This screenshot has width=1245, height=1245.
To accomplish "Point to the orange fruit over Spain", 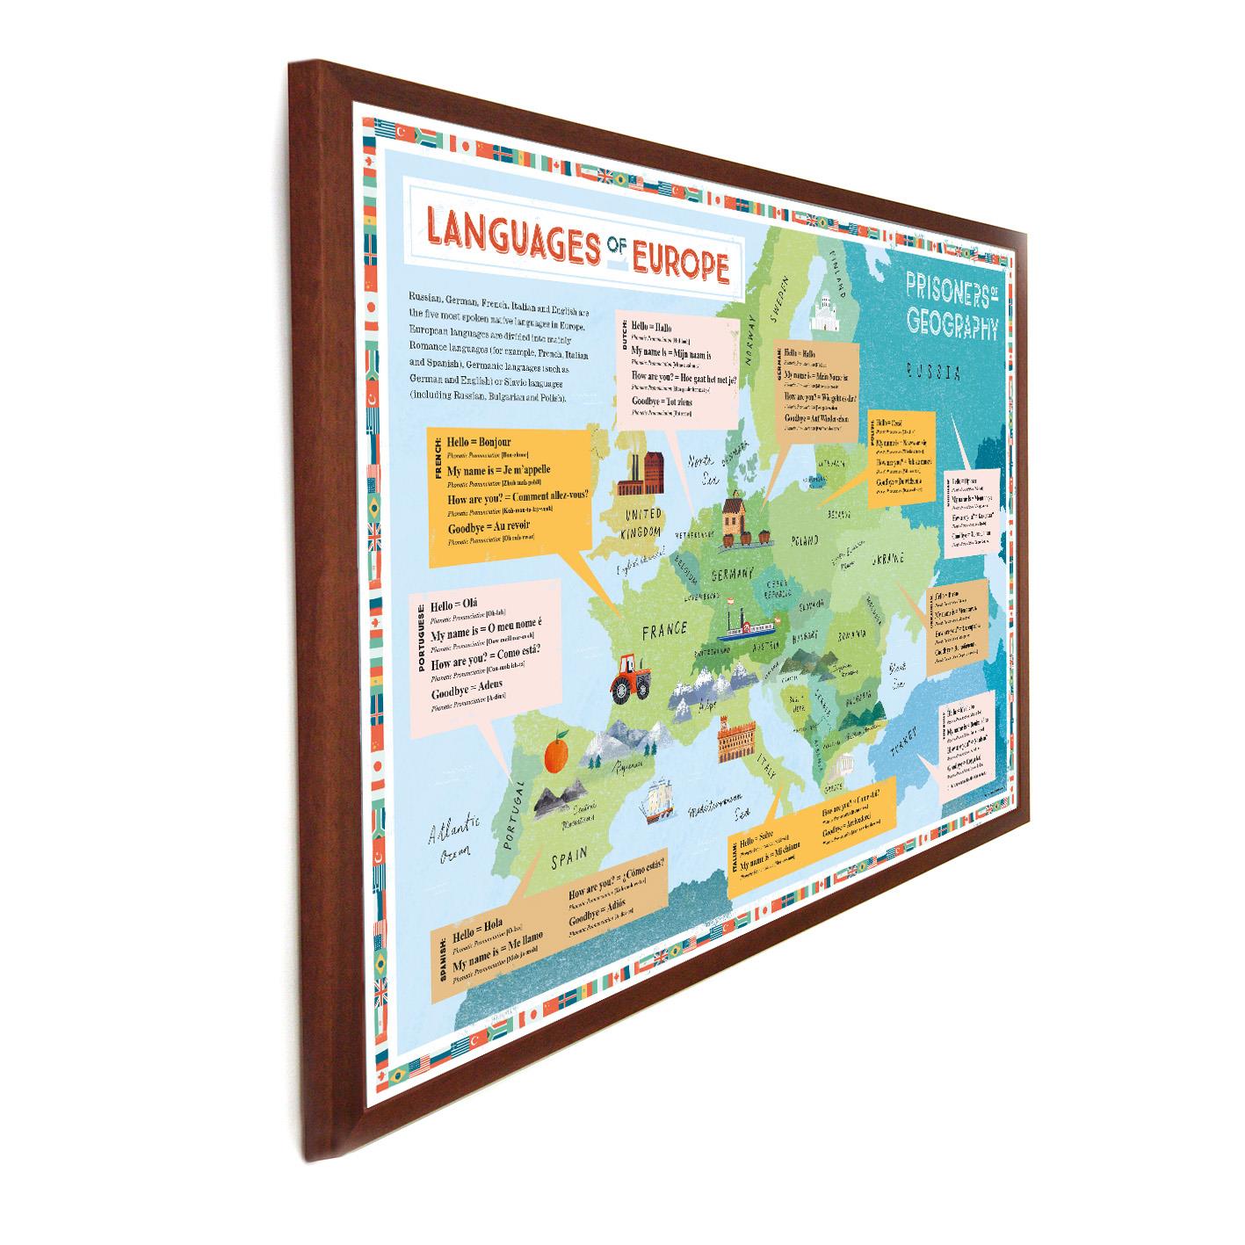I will click(556, 753).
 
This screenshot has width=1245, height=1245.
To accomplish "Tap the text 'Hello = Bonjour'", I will click(479, 443).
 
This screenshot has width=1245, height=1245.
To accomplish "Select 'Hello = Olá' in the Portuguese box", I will click(454, 607).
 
